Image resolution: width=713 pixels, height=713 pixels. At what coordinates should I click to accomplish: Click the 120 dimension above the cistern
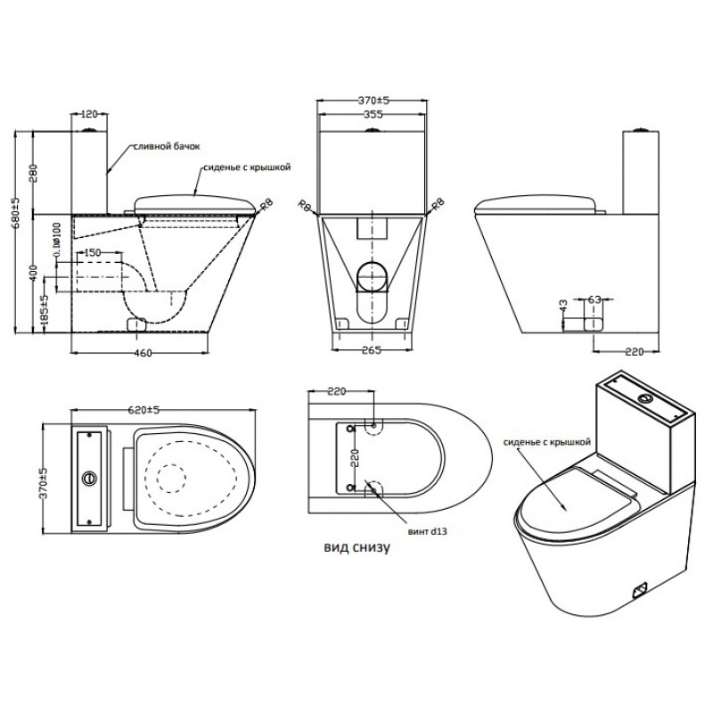(88, 115)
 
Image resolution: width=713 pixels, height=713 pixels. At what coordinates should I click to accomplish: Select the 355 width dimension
(373, 115)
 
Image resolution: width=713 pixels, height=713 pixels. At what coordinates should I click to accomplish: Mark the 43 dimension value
(563, 306)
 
